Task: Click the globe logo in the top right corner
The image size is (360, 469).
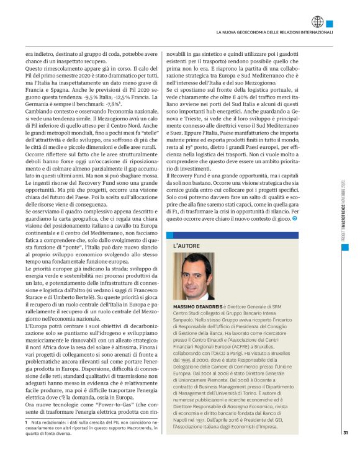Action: tap(318, 22)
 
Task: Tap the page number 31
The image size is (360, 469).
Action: tap(344, 450)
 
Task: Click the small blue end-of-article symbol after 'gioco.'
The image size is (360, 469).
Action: tap(295, 218)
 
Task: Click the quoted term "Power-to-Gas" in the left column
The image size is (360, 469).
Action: tap(113, 405)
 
